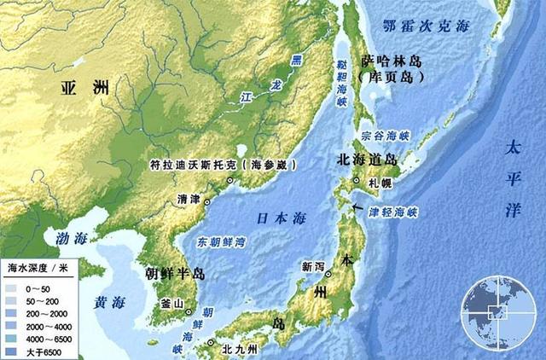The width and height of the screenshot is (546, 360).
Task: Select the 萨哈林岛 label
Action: [393, 61]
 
